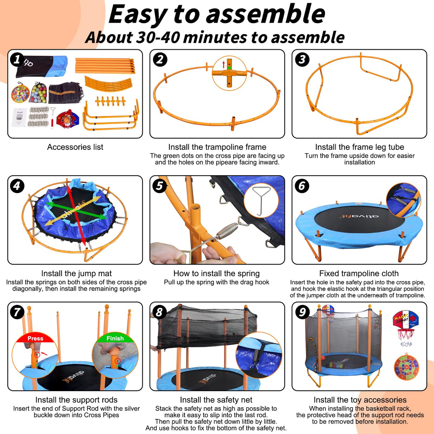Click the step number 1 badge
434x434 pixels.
pyautogui.click(x=17, y=59)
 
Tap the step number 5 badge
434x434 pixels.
pyautogui.click(x=159, y=186)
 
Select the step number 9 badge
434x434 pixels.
pyautogui.click(x=302, y=312)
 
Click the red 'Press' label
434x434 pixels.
pyautogui.click(x=35, y=338)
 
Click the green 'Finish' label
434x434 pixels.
pyautogui.click(x=115, y=338)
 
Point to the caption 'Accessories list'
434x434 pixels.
pyautogui.click(x=75, y=147)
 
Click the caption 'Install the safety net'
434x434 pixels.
pyautogui.click(x=216, y=400)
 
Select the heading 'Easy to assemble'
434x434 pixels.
pyautogui.click(x=217, y=14)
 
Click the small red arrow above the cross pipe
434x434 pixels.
pyautogui.click(x=224, y=64)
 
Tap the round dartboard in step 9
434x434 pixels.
pyautogui.click(x=406, y=367)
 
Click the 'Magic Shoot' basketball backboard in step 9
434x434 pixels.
pyautogui.click(x=406, y=320)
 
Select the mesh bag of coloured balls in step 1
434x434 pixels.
pyautogui.click(x=38, y=93)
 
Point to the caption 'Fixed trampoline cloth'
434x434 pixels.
pyautogui.click(x=359, y=273)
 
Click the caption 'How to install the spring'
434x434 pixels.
pyautogui.click(x=216, y=273)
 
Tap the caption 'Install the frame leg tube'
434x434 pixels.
pyautogui.click(x=359, y=147)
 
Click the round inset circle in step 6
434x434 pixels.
pyautogui.click(x=403, y=200)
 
